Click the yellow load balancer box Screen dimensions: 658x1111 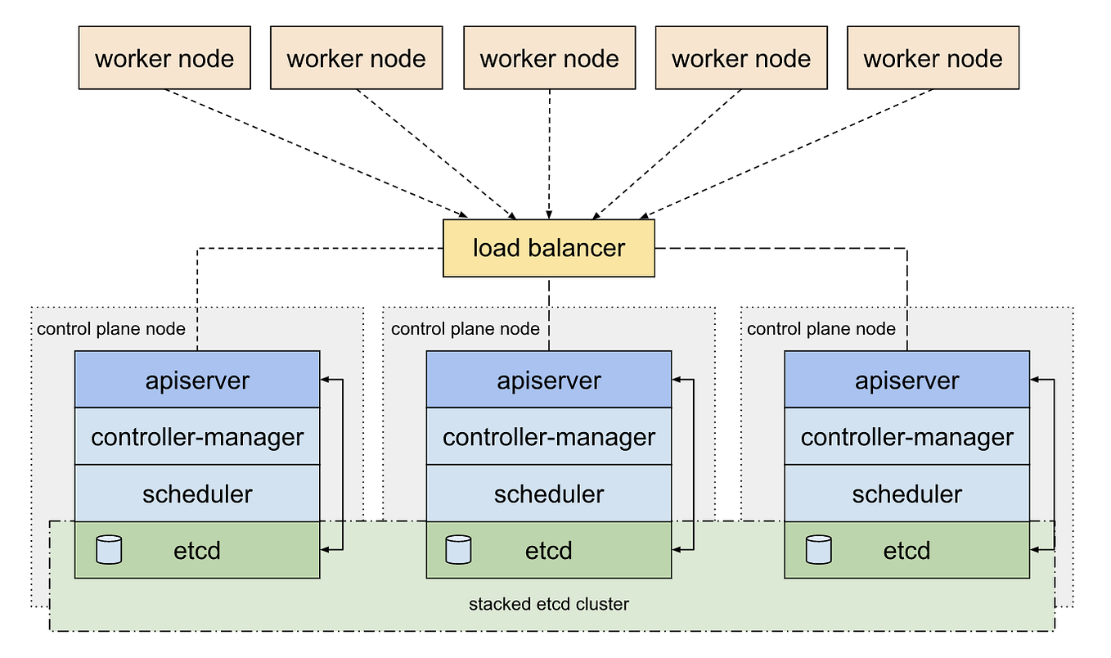click(548, 248)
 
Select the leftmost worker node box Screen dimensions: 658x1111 click(164, 58)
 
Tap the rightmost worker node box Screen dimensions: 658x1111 click(933, 58)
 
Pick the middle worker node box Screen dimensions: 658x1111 click(549, 58)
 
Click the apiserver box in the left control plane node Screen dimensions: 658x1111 click(197, 380)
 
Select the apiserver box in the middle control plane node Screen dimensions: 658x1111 click(549, 380)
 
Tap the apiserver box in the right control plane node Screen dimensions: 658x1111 click(906, 380)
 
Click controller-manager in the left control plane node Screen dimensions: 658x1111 click(197, 437)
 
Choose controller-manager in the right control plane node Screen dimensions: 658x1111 click(906, 437)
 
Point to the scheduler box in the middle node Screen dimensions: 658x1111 click(549, 493)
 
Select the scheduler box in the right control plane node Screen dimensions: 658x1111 click(906, 493)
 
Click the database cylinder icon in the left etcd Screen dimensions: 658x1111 click(109, 550)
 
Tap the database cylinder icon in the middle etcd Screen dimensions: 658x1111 click(459, 550)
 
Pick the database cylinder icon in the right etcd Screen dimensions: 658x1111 click(818, 550)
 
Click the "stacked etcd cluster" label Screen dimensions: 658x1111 click(548, 605)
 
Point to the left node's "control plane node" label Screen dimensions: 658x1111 click(111, 329)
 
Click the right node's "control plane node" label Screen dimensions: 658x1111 click(821, 329)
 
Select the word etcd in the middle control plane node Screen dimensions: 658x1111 click(549, 550)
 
